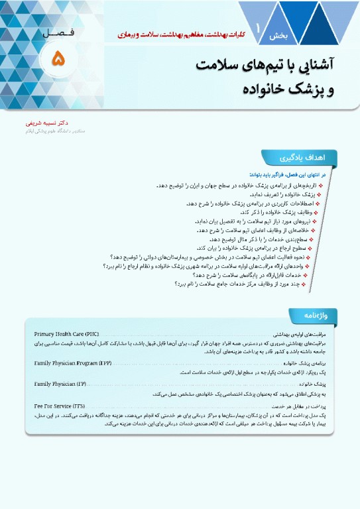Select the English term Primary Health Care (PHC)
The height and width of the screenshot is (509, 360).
(x=67, y=334)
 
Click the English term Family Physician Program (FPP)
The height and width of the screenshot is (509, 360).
(x=73, y=364)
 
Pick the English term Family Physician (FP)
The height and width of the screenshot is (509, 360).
(x=60, y=384)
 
